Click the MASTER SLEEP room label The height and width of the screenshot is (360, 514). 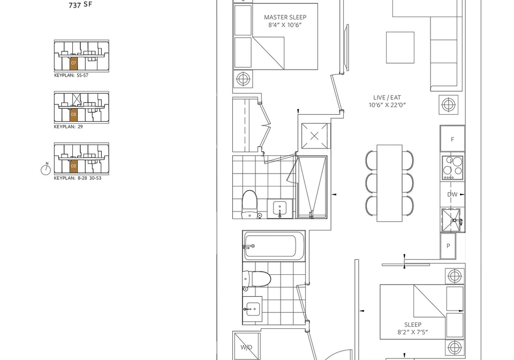(285, 17)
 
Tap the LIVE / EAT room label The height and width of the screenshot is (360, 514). (387, 97)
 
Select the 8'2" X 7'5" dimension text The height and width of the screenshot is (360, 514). (413, 332)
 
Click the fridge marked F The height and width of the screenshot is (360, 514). (452, 139)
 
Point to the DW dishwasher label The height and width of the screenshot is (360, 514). (452, 194)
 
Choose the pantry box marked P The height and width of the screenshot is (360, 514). (448, 246)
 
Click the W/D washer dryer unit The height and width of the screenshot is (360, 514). (246, 346)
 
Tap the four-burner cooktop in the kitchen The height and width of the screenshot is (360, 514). (452, 168)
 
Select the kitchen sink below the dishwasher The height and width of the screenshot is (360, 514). (452, 220)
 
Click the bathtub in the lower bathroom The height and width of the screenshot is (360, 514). (274, 246)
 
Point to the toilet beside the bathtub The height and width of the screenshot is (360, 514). (256, 279)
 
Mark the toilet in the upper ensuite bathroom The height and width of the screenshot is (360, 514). (249, 205)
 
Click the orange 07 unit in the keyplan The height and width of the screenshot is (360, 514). (73, 63)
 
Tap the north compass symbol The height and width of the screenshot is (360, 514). (46, 169)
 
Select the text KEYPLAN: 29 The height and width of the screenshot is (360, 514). (68, 126)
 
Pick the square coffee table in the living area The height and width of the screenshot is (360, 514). (400, 48)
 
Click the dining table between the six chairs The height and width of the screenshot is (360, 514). (389, 183)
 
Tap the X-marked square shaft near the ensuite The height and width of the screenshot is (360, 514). (314, 136)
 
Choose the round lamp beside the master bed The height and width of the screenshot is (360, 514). (243, 79)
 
